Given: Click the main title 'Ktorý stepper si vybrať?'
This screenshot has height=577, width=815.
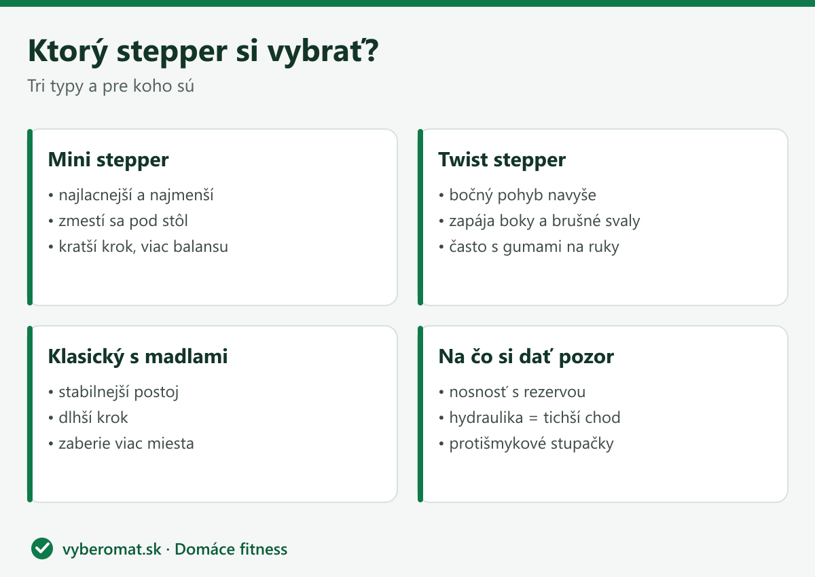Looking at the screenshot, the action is tap(203, 52).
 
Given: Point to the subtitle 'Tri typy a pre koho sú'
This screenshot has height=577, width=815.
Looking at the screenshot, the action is tap(111, 86).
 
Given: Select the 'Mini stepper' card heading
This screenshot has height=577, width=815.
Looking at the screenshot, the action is tap(109, 160).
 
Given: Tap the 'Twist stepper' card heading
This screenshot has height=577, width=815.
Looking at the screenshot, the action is tap(502, 160).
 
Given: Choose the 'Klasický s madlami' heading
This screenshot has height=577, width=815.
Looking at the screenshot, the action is tap(138, 356).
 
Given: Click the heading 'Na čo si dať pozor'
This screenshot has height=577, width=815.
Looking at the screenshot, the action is tap(526, 356).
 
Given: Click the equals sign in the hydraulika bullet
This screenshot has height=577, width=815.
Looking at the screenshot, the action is tap(533, 418).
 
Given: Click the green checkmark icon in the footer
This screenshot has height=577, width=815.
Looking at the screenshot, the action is tap(42, 548).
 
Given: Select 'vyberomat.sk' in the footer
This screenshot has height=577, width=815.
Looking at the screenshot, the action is tap(111, 549).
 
